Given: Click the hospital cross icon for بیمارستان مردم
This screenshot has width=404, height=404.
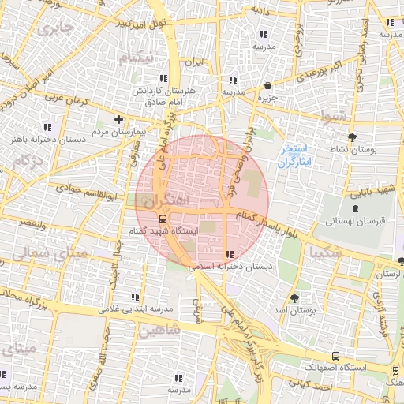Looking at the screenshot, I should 118,120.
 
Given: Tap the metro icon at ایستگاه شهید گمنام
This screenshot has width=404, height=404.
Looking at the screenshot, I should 163,219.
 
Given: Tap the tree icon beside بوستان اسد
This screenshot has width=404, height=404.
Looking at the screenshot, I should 294,298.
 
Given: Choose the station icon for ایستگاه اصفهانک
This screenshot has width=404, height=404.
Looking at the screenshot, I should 337,356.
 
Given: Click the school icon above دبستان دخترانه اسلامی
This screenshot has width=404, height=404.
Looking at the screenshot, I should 230,254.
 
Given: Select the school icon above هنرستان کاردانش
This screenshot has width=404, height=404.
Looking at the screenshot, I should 163,78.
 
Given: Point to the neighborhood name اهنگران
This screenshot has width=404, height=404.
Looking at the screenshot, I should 167,201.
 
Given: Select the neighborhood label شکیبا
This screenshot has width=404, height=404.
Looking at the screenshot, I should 327,252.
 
